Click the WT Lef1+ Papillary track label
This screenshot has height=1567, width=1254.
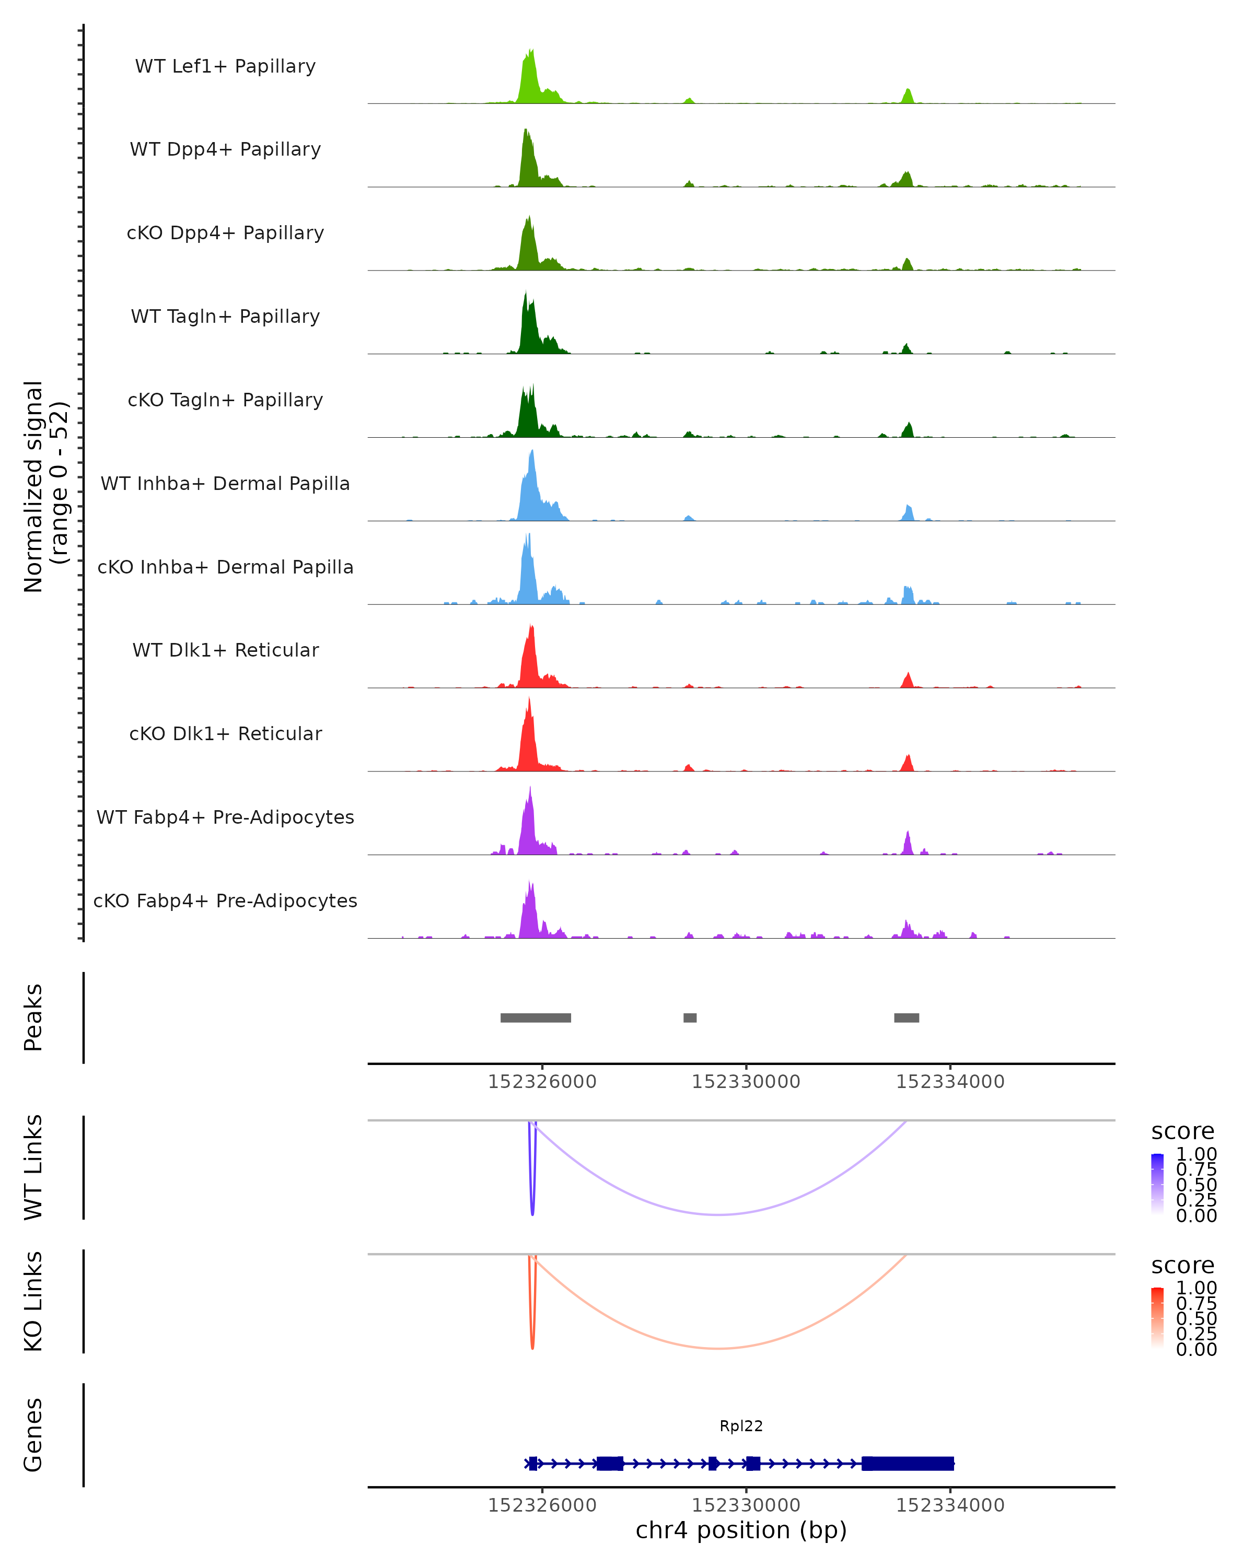pyautogui.click(x=225, y=66)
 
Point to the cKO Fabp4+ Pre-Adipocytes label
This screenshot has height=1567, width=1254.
pyautogui.click(x=225, y=901)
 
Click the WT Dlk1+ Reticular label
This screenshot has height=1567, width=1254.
pyautogui.click(x=225, y=650)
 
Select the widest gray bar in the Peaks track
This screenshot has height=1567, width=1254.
pyautogui.click(x=536, y=1018)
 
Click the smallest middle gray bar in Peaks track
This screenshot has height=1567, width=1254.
pyautogui.click(x=690, y=1018)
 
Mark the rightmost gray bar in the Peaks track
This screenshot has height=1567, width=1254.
pyautogui.click(x=907, y=1018)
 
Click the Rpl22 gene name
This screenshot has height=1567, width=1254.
pyautogui.click(x=741, y=1426)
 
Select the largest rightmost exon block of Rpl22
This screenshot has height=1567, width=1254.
pyautogui.click(x=907, y=1463)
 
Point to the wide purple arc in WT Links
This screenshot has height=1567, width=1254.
pyautogui.click(x=718, y=1214)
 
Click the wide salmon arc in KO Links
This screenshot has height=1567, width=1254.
pyautogui.click(x=718, y=1348)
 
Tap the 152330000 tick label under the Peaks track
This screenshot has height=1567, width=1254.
pyautogui.click(x=746, y=1082)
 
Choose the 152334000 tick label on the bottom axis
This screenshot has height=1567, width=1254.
pyautogui.click(x=950, y=1505)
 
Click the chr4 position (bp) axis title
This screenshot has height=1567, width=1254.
pyautogui.click(x=741, y=1530)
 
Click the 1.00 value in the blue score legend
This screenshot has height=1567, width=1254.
pyautogui.click(x=1196, y=1154)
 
